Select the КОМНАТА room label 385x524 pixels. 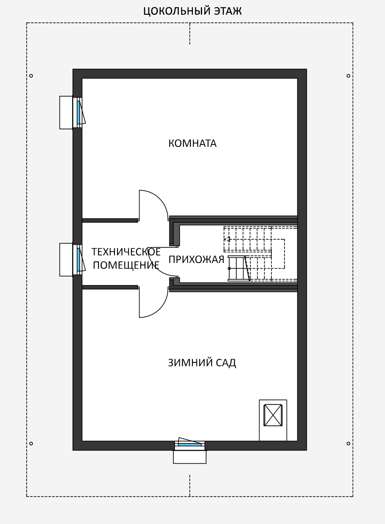tap(192, 143)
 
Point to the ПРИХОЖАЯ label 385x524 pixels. tap(196, 259)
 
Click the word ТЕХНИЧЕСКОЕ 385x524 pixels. tap(126, 252)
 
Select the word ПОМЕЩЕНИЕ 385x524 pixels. tap(126, 265)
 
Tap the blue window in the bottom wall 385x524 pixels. tap(190, 445)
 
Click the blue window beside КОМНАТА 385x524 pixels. tap(79, 113)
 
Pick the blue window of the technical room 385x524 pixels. tap(79, 260)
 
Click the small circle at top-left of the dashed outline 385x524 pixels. tap(31, 76)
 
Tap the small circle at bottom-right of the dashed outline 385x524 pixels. tap(348, 443)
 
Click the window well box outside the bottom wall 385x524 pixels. tap(190, 457)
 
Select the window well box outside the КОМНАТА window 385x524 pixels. tap(66, 113)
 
